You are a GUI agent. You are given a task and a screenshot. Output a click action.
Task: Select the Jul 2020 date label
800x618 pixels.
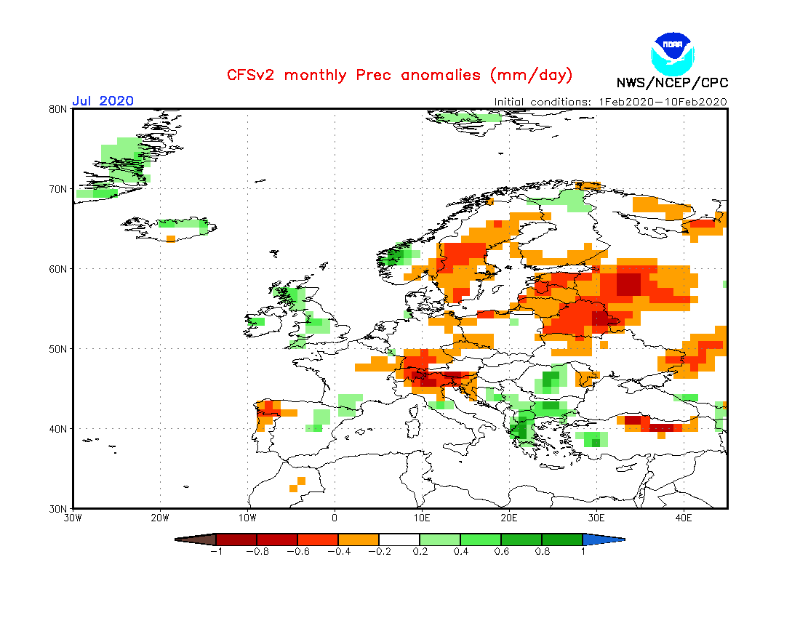point(103,101)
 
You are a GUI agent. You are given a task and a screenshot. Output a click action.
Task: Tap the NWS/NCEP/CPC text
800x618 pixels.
point(672,83)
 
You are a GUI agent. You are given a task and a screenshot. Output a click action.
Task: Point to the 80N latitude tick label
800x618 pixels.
point(59,109)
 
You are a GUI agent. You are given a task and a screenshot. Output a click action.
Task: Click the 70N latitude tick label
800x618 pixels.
point(59,189)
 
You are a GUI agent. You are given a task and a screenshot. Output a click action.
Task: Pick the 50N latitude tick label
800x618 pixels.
point(59,349)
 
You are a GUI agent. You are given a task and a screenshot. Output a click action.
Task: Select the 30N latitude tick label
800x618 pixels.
point(59,508)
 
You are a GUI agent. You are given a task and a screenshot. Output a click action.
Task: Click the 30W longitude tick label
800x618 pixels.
point(73,518)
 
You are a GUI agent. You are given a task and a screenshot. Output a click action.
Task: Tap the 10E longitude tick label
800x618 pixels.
point(422,518)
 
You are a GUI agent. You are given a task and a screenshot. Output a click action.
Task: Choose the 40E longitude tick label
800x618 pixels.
point(684,518)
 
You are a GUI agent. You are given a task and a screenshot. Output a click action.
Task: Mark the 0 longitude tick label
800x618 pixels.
point(335,518)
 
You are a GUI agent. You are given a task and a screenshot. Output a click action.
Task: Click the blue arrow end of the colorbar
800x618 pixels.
point(603,539)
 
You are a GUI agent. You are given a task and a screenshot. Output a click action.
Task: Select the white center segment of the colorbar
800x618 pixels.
point(399,539)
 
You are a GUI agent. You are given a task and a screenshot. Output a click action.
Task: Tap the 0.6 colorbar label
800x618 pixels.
point(500,551)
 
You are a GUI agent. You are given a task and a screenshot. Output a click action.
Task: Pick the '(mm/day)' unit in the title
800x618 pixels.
point(532,75)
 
